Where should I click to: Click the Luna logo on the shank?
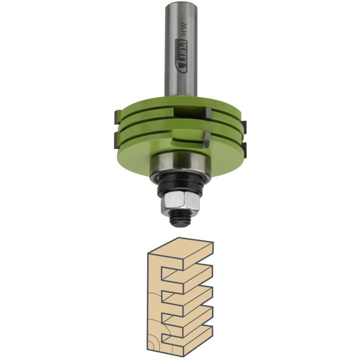pyautogui.click(x=181, y=56)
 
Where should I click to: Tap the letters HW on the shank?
pyautogui.click(x=184, y=29)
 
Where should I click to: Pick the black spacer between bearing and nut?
pyautogui.click(x=180, y=185)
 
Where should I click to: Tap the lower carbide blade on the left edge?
pyautogui.click(x=117, y=139)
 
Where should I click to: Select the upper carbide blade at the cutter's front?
pyautogui.click(x=208, y=114)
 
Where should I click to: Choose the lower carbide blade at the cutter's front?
pyautogui.click(x=206, y=139)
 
